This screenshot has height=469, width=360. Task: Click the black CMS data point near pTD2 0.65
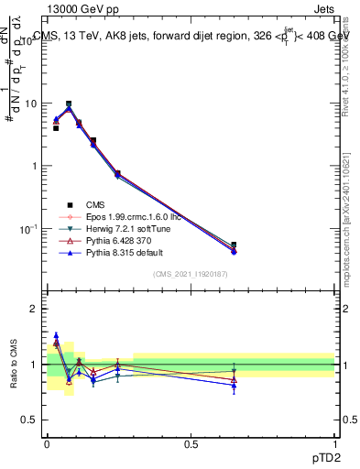pyautogui.click(x=234, y=245)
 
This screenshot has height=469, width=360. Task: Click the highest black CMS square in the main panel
pyautogui.click(x=69, y=104)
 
